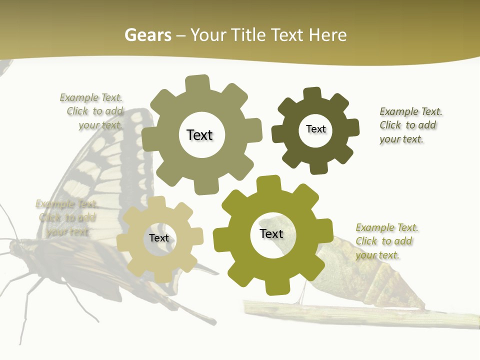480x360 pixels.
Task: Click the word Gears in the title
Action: point(147,35)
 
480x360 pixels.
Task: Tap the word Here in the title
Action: point(327,35)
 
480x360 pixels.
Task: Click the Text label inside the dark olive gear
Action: point(315,129)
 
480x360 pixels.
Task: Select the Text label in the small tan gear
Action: point(159,238)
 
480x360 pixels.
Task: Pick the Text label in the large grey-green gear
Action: point(199,135)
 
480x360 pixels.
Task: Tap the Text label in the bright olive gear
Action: point(271,233)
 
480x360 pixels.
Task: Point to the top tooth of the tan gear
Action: point(157,202)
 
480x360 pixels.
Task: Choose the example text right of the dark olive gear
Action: point(410,125)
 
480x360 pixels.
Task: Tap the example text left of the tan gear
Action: point(66,218)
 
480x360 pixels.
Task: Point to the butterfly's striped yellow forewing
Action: point(95,165)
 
